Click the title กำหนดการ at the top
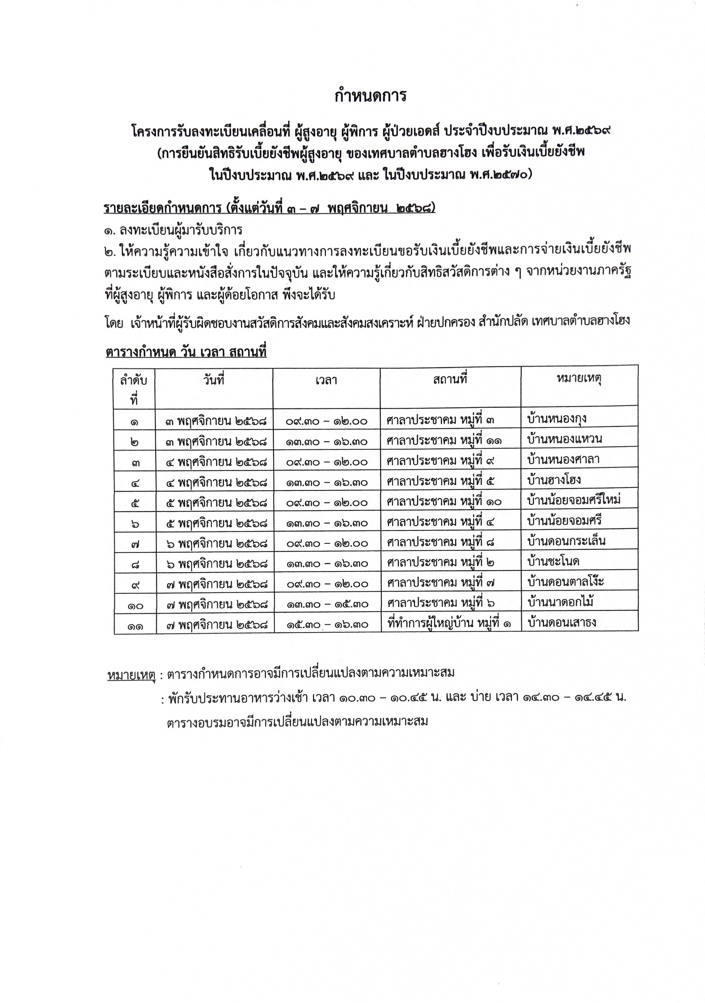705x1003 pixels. [x=370, y=96]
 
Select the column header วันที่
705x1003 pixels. [x=214, y=380]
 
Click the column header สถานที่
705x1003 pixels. [x=450, y=379]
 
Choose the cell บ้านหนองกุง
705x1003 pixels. [x=556, y=419]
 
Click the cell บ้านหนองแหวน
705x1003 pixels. [x=564, y=439]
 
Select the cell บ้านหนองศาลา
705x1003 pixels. [x=563, y=459]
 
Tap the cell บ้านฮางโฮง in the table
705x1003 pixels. [x=554, y=480]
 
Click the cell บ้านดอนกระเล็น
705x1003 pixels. [x=566, y=541]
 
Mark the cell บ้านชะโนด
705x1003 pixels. [x=553, y=561]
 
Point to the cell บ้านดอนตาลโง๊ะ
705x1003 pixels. [x=566, y=582]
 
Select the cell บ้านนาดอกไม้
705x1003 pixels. [x=560, y=603]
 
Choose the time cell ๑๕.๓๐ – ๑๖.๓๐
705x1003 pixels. [x=327, y=625]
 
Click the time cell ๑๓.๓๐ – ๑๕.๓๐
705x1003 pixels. [x=327, y=604]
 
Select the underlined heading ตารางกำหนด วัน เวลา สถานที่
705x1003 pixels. [x=186, y=352]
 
